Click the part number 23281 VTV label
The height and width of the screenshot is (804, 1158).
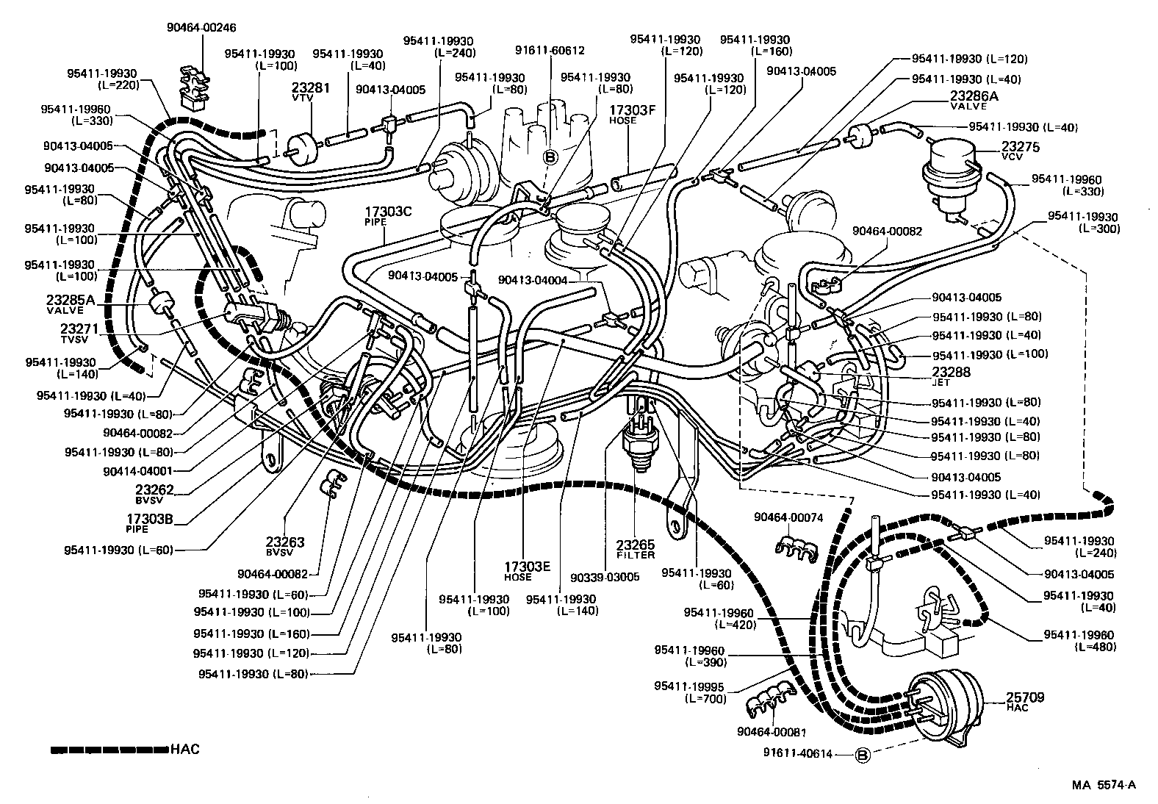(x=311, y=90)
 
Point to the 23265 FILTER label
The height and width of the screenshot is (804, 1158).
(x=635, y=548)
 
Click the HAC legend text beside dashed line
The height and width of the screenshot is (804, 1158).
(x=184, y=750)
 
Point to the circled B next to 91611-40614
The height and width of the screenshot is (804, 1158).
(x=863, y=755)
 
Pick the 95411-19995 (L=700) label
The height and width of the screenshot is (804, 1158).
(x=689, y=692)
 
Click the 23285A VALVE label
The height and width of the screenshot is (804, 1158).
(x=71, y=303)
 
